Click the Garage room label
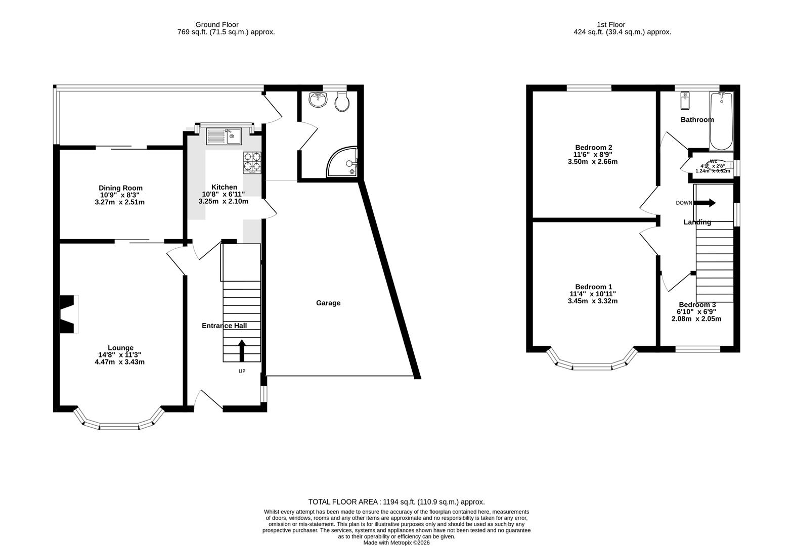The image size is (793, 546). click(x=328, y=303)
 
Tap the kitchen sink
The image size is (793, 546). click(x=224, y=136)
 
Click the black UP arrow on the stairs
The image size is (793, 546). click(x=242, y=350)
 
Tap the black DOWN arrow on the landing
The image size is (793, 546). click(x=706, y=203)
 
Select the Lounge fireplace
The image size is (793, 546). click(x=69, y=314)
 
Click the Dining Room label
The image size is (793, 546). click(x=120, y=188)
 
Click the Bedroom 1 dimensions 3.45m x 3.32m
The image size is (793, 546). click(x=593, y=301)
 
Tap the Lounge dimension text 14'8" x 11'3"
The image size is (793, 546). click(x=120, y=355)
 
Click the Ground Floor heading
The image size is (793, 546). click(x=217, y=24)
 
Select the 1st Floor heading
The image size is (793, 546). click(x=611, y=24)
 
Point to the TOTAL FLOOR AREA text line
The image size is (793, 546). click(x=396, y=502)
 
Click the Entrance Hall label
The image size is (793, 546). click(x=224, y=326)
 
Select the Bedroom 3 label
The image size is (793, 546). click(x=697, y=305)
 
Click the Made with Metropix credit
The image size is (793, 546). click(x=396, y=542)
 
